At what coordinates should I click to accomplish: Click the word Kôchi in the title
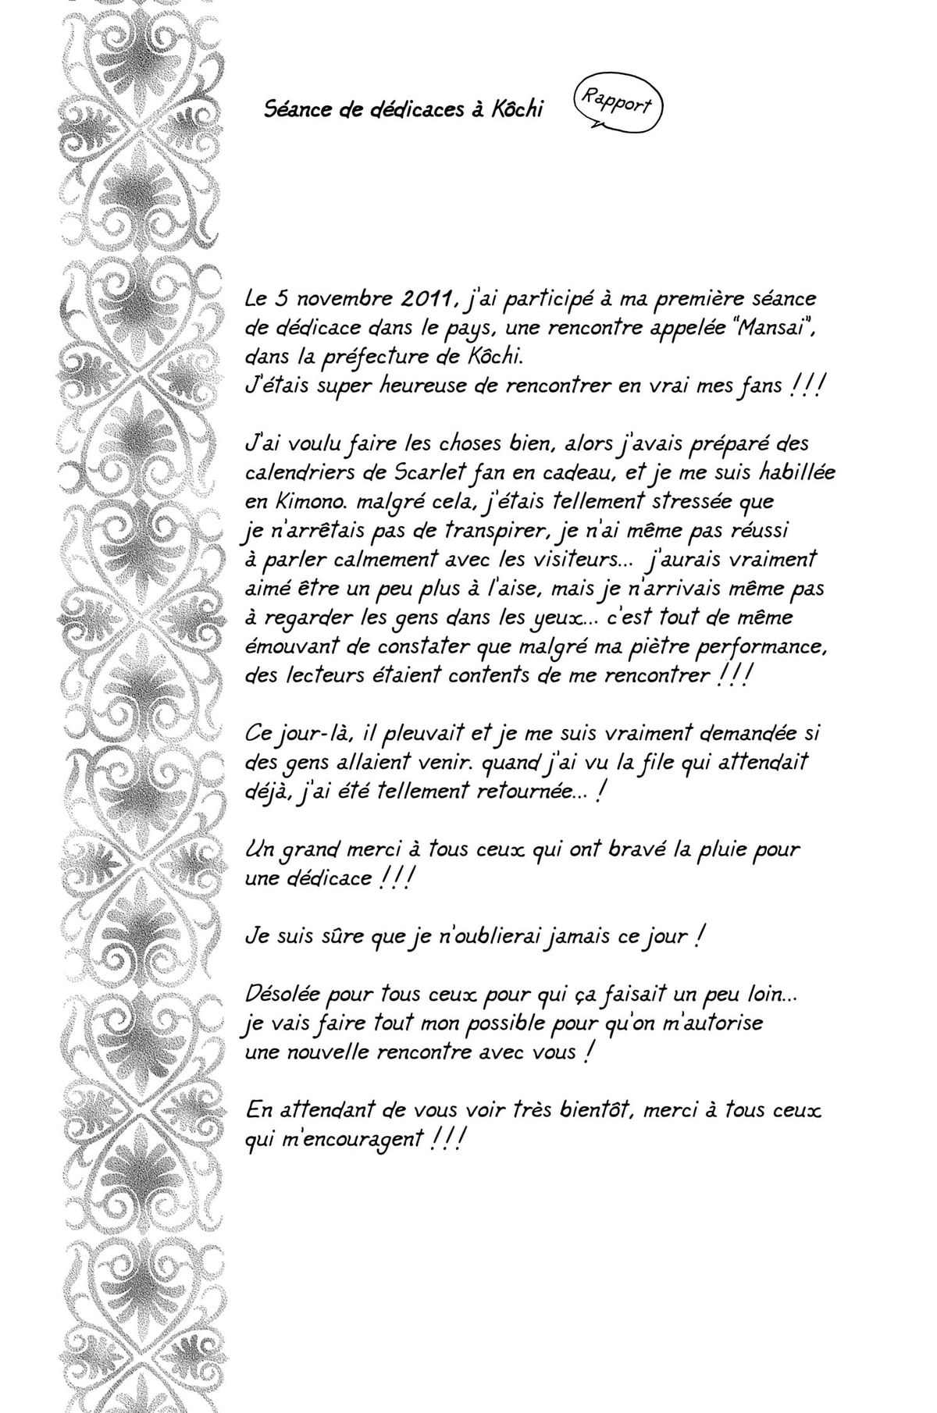517,109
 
